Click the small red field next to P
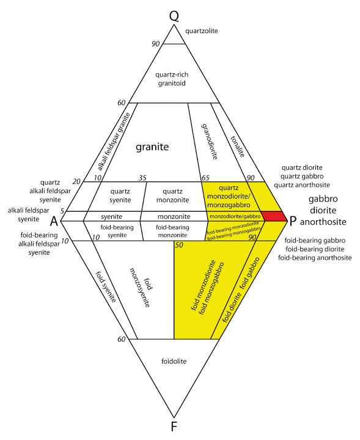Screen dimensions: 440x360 [273, 216]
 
